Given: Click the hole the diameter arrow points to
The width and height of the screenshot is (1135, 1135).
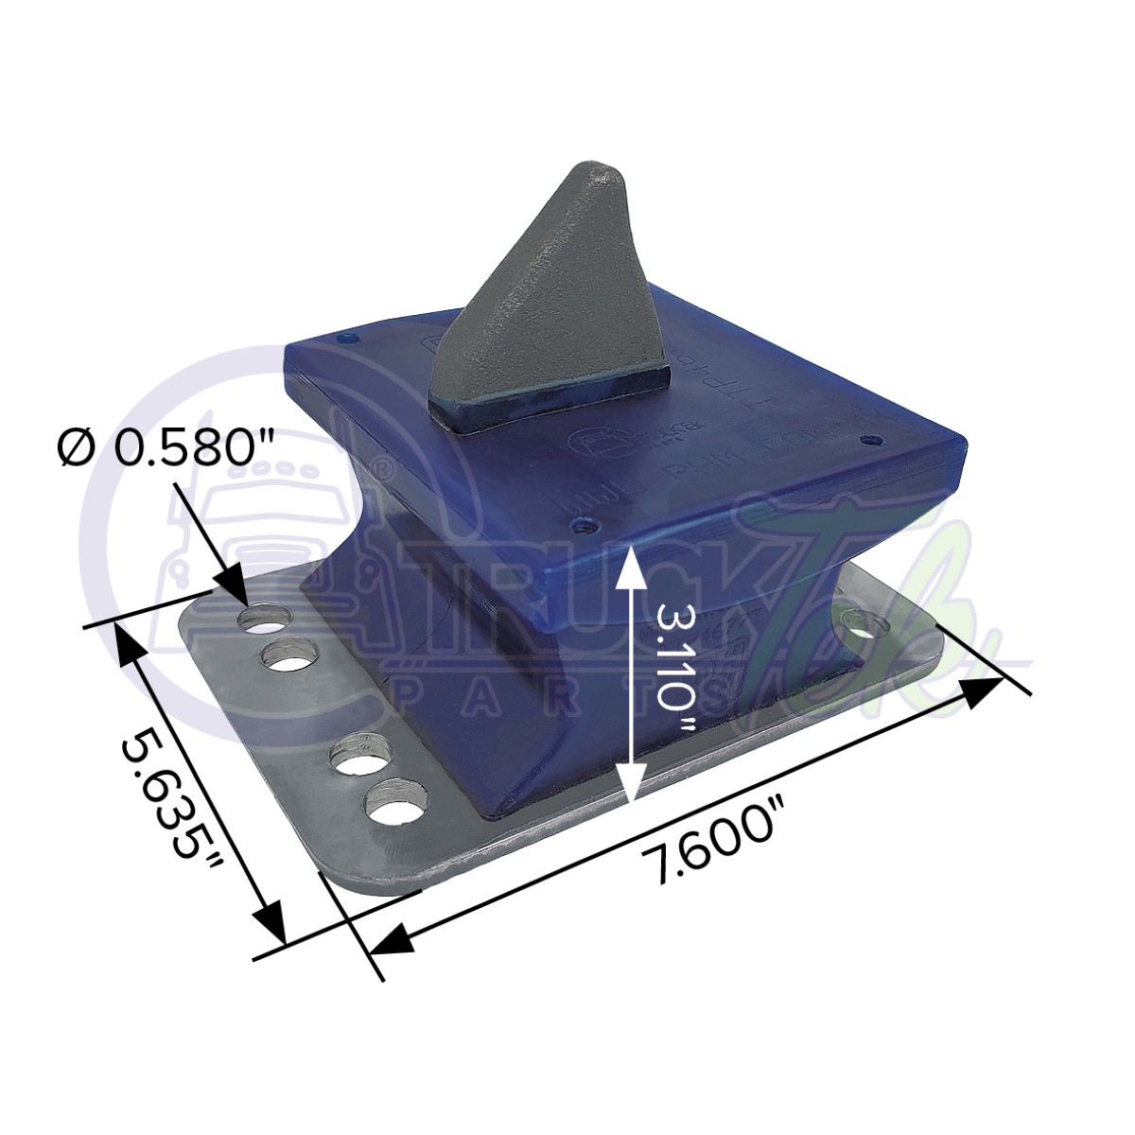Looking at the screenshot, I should pyautogui.click(x=265, y=620).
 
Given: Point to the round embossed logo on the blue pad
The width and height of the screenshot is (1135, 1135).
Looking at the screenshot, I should pyautogui.click(x=579, y=441).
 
